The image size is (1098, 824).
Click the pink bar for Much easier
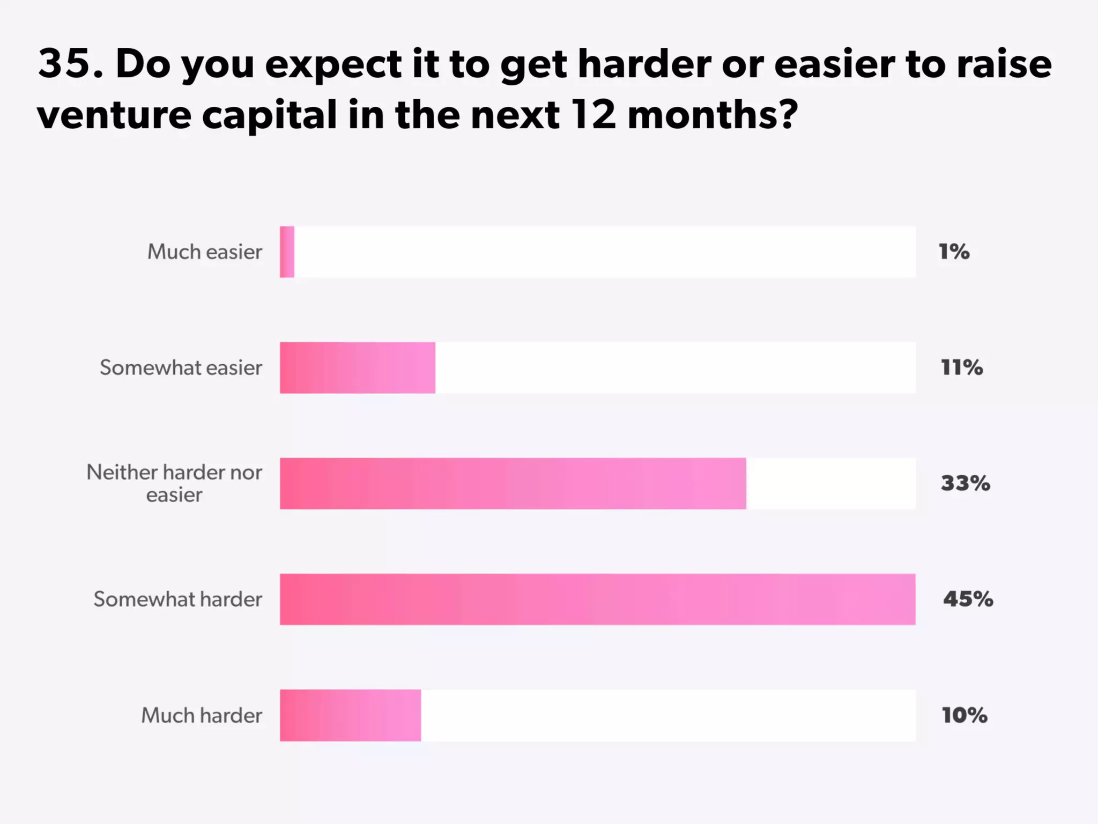[287, 252]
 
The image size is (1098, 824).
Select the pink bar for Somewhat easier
[358, 368]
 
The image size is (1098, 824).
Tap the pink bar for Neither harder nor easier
[513, 483]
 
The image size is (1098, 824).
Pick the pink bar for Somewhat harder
[597, 599]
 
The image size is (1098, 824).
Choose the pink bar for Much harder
[350, 715]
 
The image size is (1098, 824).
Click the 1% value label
[954, 252]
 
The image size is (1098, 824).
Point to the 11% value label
[962, 367]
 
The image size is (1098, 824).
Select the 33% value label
[965, 483]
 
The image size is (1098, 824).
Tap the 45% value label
[968, 599]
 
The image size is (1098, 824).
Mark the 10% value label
[964, 715]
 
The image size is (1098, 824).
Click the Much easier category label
[205, 252]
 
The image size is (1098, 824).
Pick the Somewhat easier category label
[181, 367]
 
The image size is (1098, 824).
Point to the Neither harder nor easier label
[174, 483]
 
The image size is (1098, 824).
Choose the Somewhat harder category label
[177, 599]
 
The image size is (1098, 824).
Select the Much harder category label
[202, 715]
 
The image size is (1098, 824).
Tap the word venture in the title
[114, 115]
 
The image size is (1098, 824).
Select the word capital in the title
[269, 115]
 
